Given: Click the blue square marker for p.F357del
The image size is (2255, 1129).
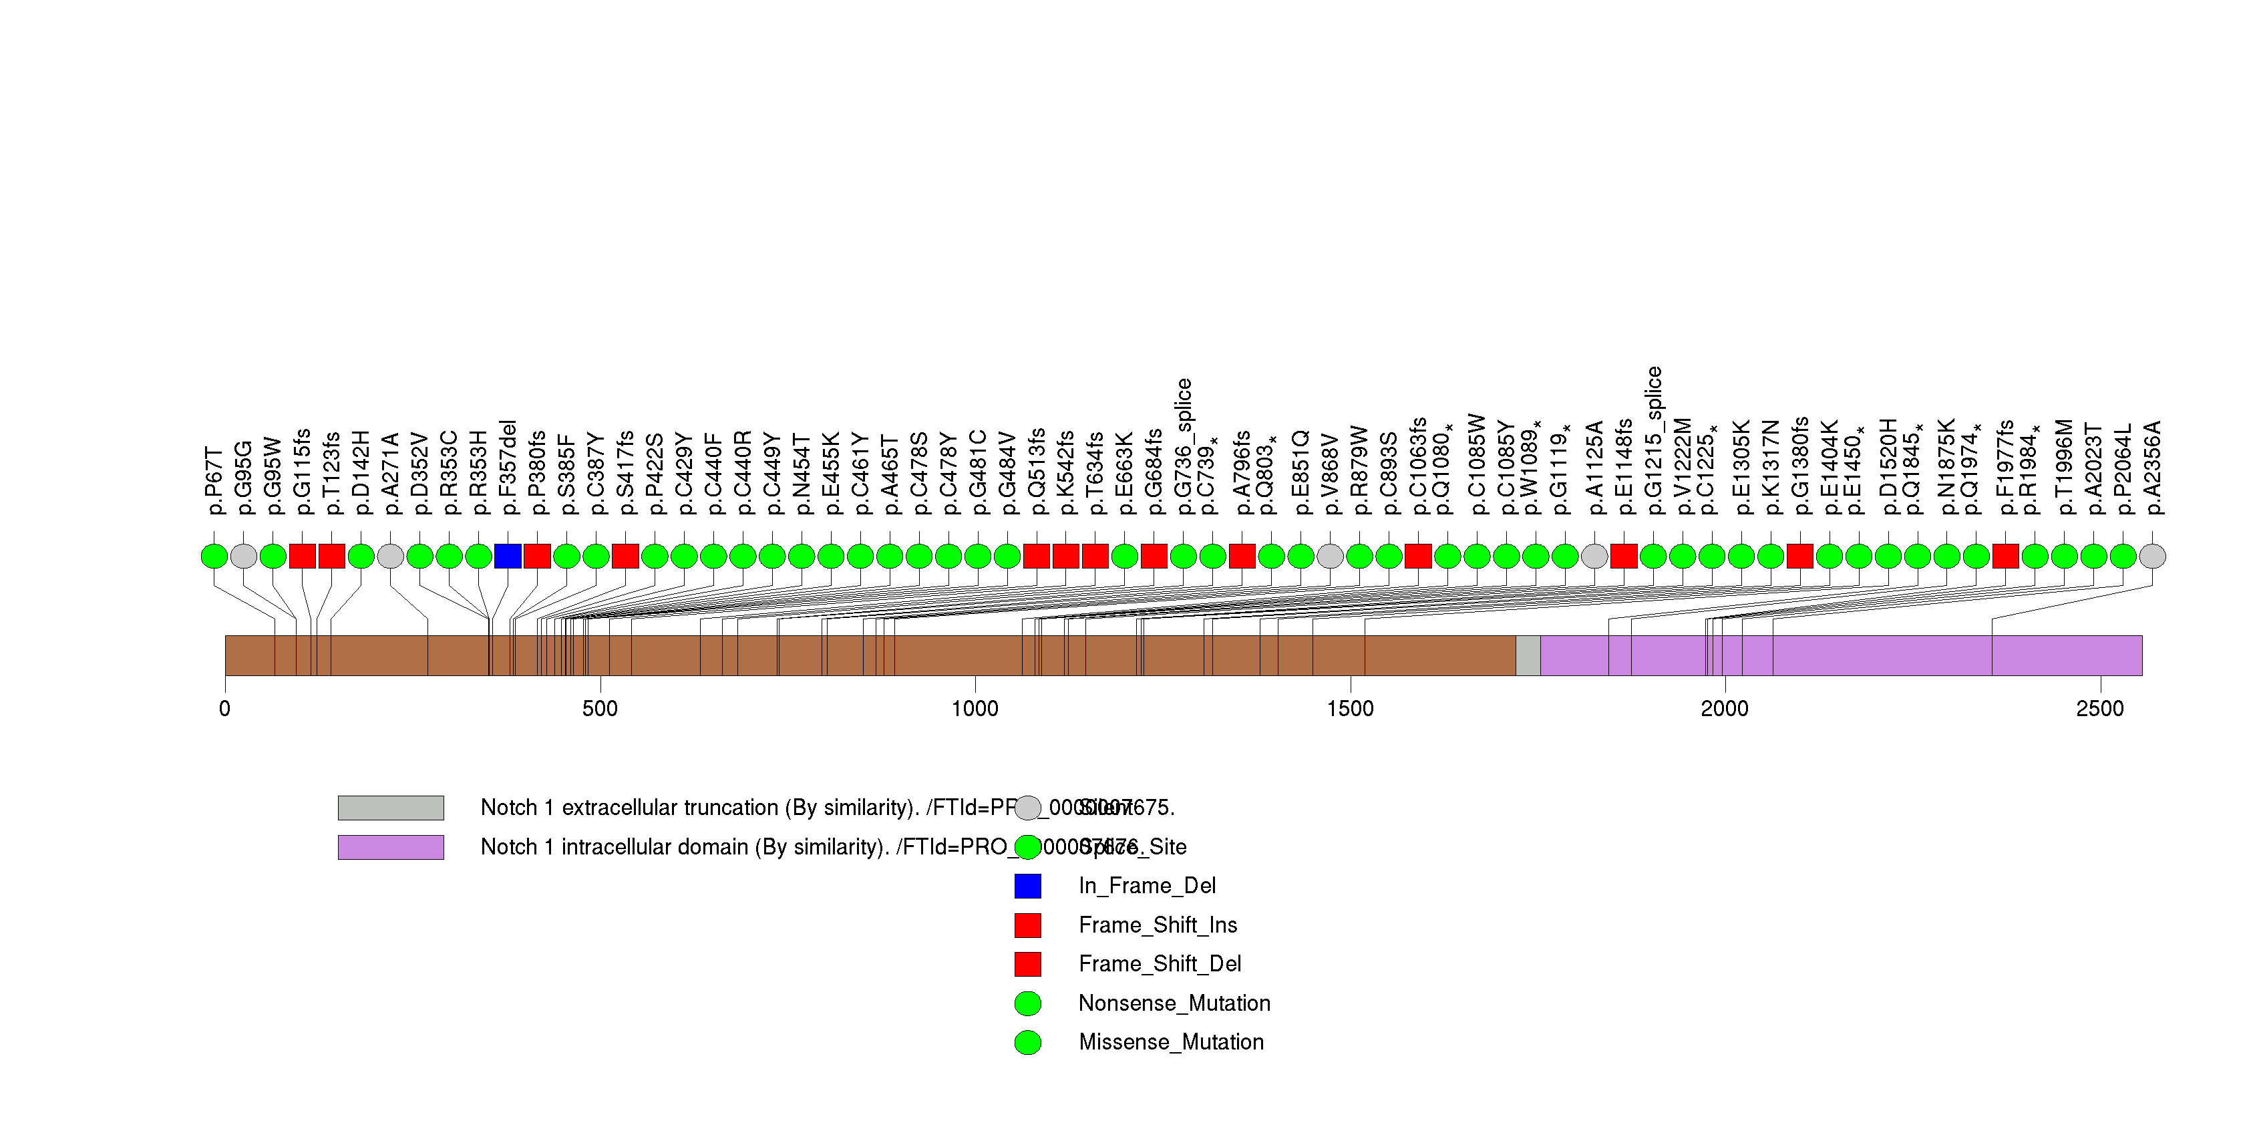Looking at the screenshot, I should (508, 556).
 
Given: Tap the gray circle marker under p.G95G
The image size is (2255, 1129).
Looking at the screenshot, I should (243, 556).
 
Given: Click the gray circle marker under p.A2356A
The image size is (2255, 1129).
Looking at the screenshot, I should (2151, 556).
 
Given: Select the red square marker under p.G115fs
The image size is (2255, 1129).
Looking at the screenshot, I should (302, 556).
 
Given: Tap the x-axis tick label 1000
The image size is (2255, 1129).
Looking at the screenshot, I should (975, 708).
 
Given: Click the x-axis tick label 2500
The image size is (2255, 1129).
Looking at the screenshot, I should (2099, 708).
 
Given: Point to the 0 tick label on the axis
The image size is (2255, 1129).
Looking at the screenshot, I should (225, 708).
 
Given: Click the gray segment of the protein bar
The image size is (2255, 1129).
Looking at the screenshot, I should (1528, 655).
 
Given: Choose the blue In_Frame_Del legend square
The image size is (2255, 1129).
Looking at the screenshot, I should (1028, 886).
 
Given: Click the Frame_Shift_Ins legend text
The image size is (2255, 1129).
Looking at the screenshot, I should (1158, 925).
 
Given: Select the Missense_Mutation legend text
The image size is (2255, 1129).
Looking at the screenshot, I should (1170, 1041).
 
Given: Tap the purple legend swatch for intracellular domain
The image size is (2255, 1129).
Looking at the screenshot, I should (391, 847).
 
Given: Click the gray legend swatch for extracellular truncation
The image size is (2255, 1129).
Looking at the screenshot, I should (391, 808).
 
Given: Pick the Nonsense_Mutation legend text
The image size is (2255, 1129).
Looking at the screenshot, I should (1174, 1003).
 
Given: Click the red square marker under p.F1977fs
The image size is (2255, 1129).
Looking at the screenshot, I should (2005, 556).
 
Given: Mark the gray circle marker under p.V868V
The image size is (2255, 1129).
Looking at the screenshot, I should (1330, 556).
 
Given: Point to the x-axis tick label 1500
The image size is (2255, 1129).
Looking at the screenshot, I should (1350, 708).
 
